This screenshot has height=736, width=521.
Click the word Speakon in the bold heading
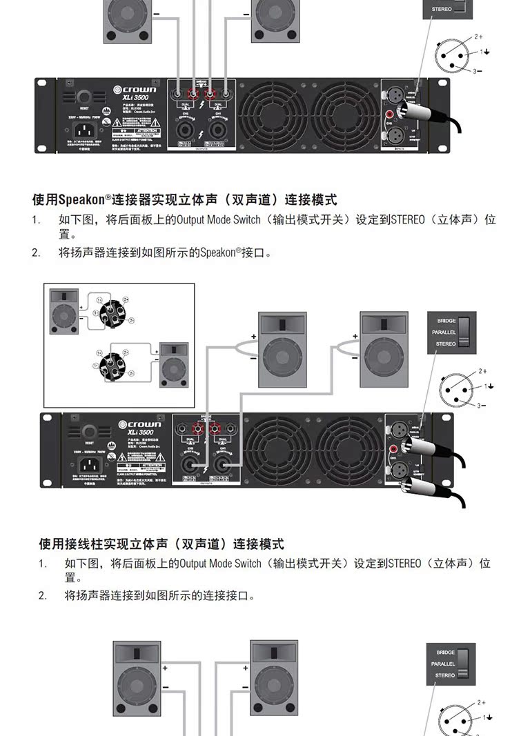(x=81, y=200)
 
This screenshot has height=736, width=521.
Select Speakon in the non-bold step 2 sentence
(x=217, y=252)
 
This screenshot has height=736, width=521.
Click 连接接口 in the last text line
(x=226, y=595)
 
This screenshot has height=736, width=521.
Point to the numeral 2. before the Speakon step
(x=36, y=252)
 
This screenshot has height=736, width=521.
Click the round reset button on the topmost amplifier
(x=84, y=97)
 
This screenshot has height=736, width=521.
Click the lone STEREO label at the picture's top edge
(x=442, y=10)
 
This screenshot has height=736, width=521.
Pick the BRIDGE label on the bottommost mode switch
(x=445, y=652)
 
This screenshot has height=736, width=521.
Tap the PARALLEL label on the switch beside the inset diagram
(x=444, y=332)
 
